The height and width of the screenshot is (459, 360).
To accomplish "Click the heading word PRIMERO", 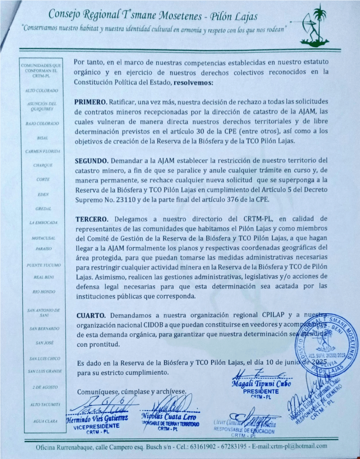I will tap(92, 102).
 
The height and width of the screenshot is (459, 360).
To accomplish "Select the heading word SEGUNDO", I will tap(93, 160).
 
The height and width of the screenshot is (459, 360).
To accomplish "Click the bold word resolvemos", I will tap(194, 83).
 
